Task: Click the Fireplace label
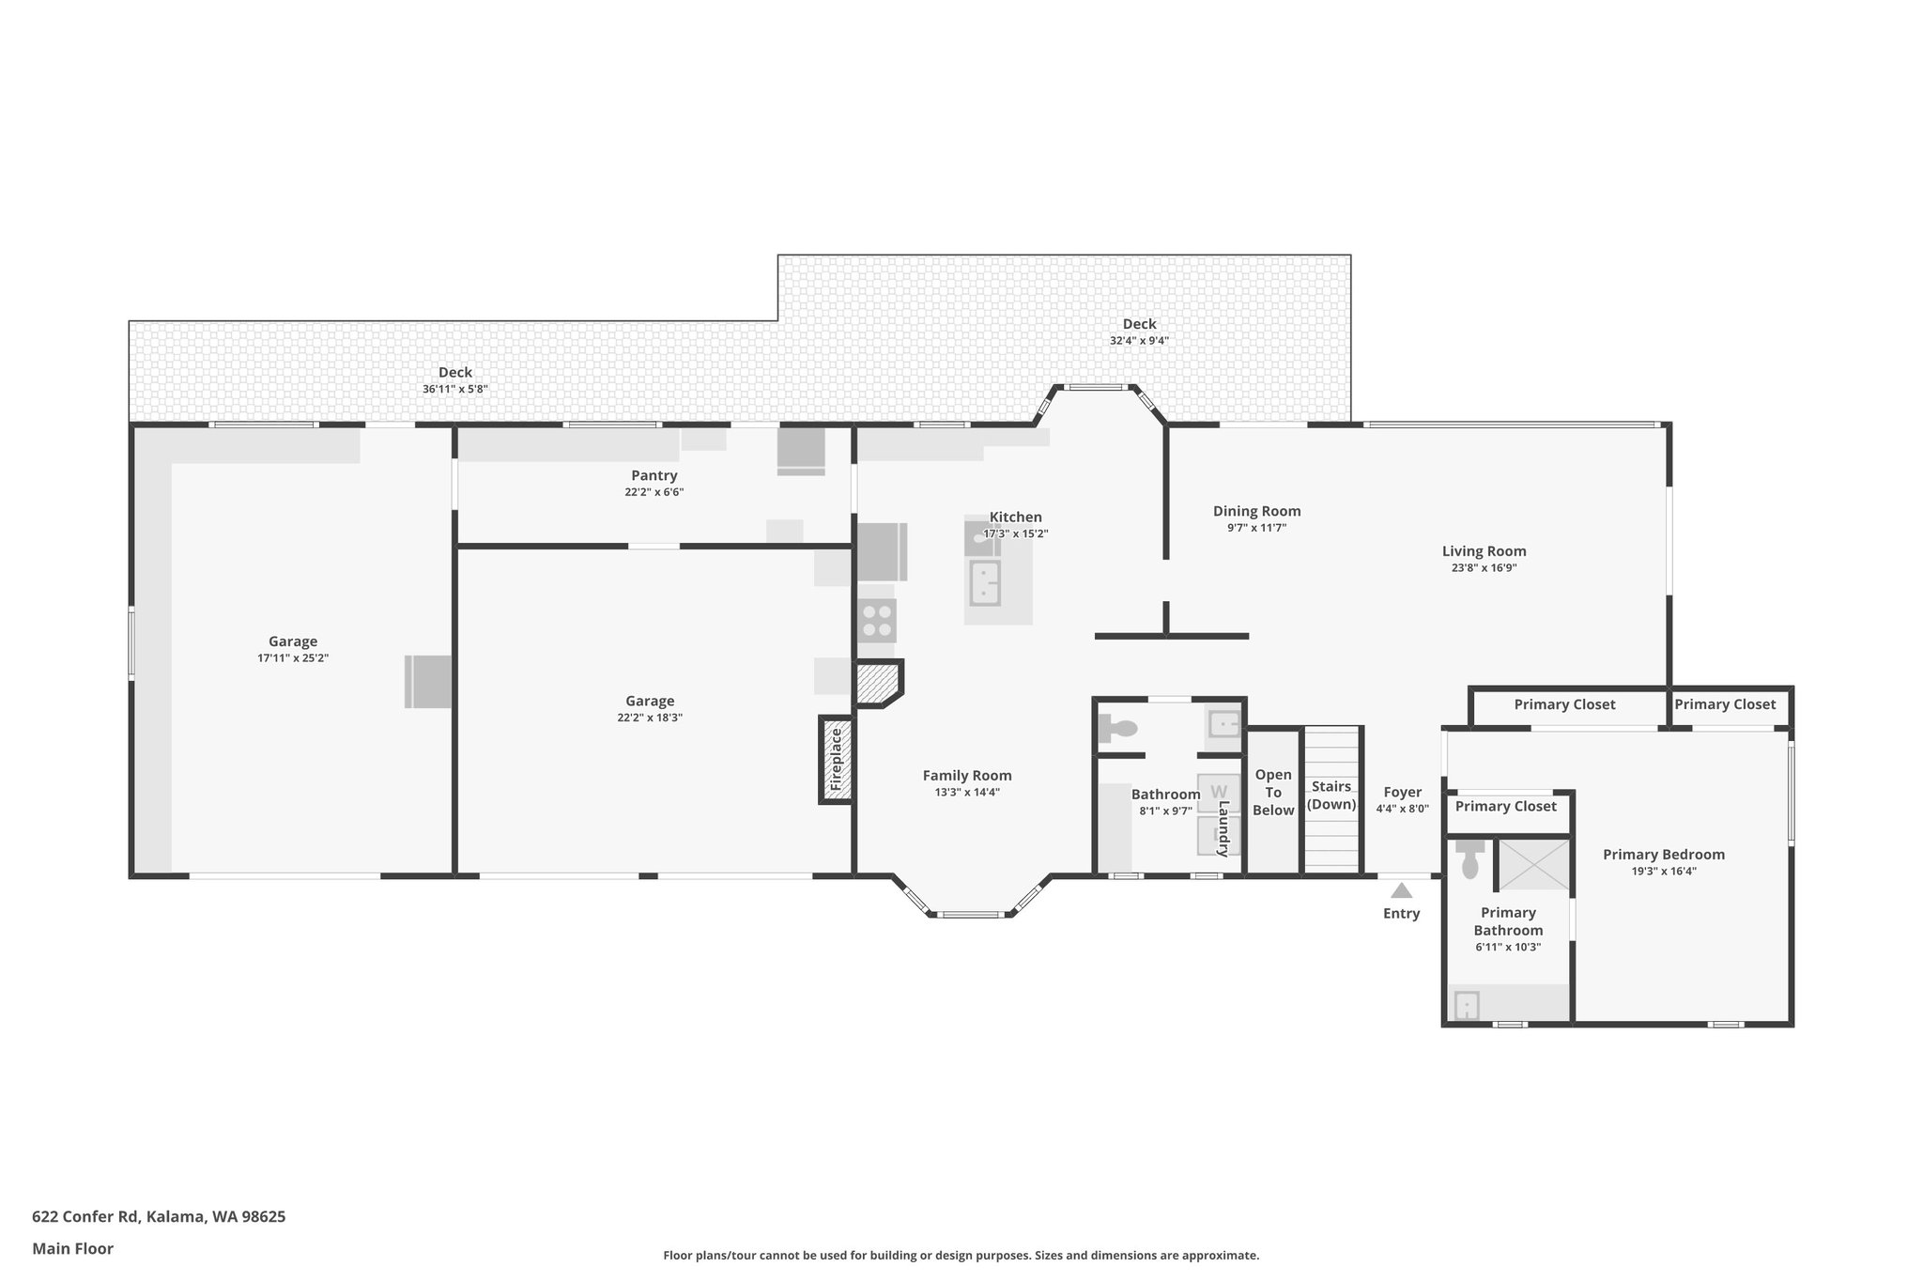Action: [836, 759]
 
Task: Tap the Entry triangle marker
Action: [1401, 890]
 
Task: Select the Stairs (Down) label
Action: [1331, 795]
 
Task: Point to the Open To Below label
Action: [1273, 793]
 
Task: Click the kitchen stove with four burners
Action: [877, 620]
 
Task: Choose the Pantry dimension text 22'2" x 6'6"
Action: [654, 492]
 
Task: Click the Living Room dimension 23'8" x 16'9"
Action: [1484, 567]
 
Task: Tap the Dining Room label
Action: [1256, 511]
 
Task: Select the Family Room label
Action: [967, 776]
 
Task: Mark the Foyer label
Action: [1402, 793]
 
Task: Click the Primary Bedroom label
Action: [1663, 855]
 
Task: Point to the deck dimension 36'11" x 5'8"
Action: [454, 389]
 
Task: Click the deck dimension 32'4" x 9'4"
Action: [1139, 341]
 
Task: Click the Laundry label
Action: [1223, 828]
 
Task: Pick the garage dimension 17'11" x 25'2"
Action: [293, 658]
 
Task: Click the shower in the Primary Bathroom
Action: [1534, 865]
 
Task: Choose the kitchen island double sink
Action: [985, 582]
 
